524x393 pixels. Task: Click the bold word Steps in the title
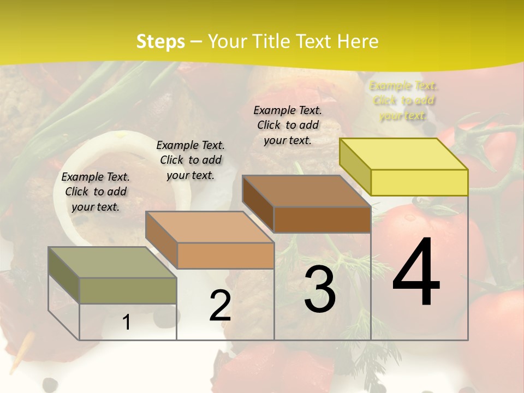pos(160,41)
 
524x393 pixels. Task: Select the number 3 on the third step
pos(320,289)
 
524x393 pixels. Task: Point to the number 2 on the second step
pos(220,306)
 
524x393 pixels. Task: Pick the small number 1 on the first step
pos(127,323)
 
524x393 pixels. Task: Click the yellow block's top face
pos(403,153)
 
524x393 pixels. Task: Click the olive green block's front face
pos(128,290)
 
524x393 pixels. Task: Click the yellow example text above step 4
pos(403,100)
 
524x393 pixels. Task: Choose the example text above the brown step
pos(288,125)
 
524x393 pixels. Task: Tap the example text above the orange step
pos(190,160)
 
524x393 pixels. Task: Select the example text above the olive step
pos(96,192)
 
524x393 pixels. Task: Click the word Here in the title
pos(358,41)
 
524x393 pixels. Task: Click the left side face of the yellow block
pos(355,167)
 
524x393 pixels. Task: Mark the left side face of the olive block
pos(64,275)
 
